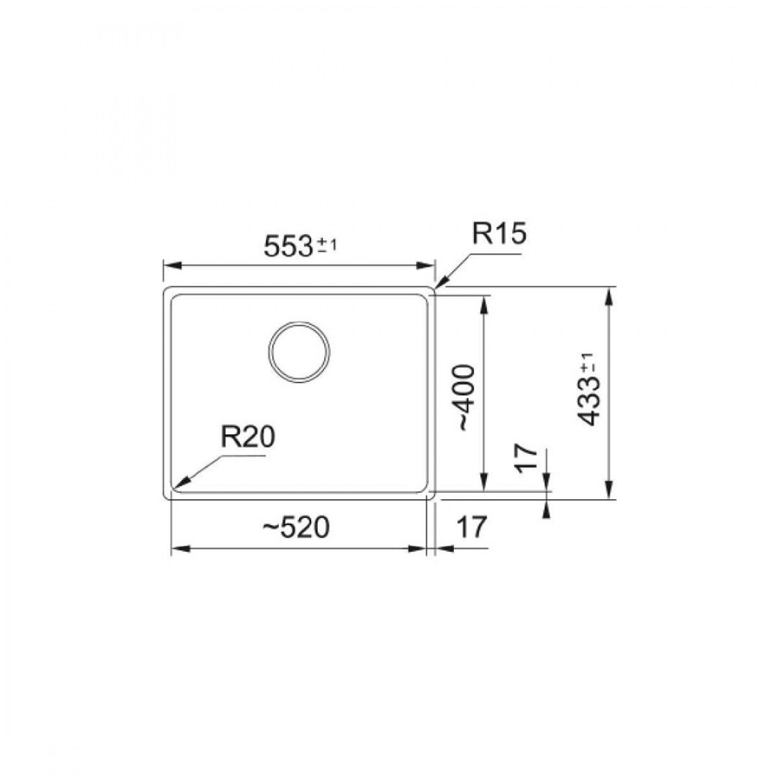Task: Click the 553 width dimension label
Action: [x=288, y=246]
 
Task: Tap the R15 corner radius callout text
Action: [x=499, y=234]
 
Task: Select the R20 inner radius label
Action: [x=248, y=436]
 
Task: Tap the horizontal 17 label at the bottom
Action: [x=472, y=527]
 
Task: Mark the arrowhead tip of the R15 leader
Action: [x=436, y=287]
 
